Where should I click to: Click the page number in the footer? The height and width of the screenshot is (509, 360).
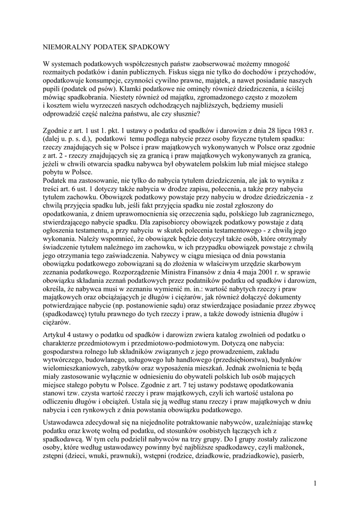[x=315, y=482]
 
